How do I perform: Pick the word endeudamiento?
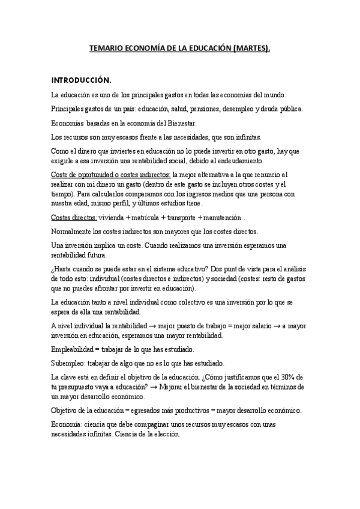[x=246, y=161]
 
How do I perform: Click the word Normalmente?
[x=72, y=230]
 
